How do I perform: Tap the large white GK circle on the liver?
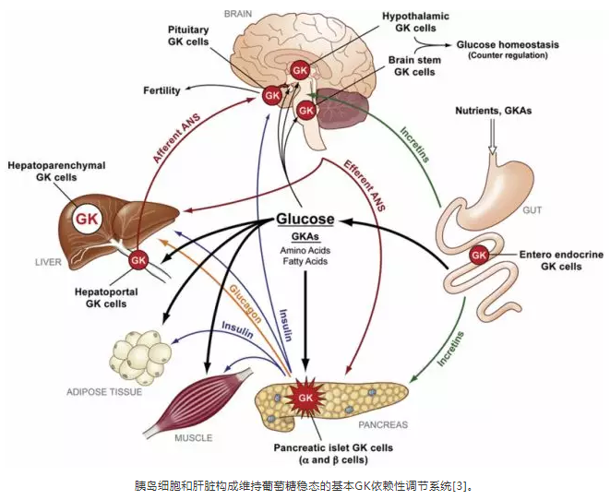click(x=89, y=220)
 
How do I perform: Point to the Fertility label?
click(x=161, y=90)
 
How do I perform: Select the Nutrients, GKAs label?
click(x=494, y=112)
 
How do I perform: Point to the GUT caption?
click(x=533, y=210)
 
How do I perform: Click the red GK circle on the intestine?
click(x=478, y=255)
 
